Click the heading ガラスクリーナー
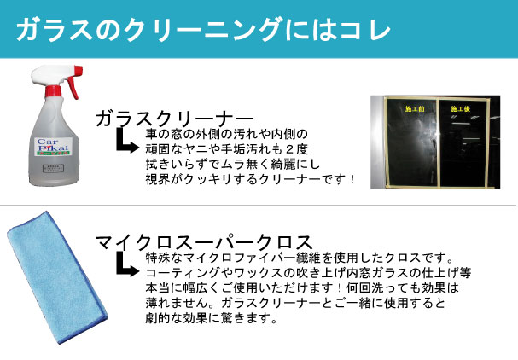(174, 118)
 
